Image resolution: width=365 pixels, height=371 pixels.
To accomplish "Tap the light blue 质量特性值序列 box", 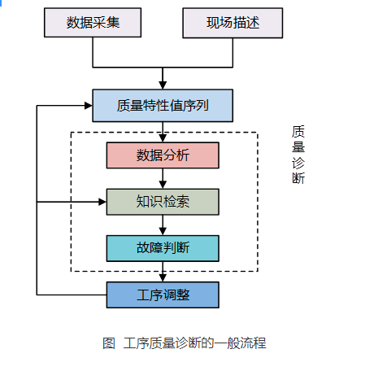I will coord(163,106).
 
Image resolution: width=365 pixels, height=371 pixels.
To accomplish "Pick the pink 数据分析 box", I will coord(163,155).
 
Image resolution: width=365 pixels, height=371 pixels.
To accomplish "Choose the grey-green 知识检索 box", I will coord(163,201).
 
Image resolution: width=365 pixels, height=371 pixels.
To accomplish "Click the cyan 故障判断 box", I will coord(163,247).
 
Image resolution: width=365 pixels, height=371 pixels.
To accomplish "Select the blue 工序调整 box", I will coord(163,294).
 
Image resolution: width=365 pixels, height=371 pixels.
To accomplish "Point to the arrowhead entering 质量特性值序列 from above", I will coord(163,85).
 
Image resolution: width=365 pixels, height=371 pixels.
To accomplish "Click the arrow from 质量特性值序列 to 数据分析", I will coord(163,132).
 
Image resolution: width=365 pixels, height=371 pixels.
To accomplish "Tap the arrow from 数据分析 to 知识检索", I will coord(163,178).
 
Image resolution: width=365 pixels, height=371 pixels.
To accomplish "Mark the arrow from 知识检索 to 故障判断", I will coord(163,225).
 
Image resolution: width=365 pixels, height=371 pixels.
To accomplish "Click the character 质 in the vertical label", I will coord(298,132).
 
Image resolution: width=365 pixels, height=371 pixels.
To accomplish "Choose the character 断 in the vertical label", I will coord(298,178).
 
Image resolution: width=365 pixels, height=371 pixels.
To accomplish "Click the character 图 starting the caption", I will coord(109,343).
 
